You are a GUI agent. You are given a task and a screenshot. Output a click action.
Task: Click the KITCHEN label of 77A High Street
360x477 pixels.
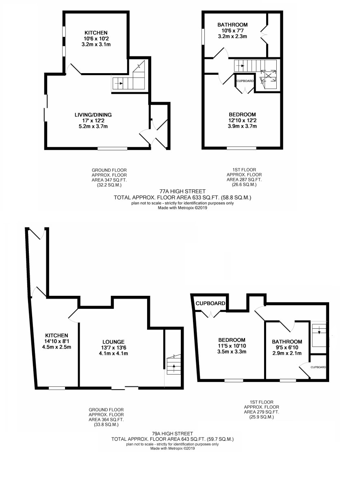click(96, 33)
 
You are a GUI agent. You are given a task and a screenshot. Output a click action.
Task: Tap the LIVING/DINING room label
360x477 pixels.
click(93, 115)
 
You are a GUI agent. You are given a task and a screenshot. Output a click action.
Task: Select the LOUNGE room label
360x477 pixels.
click(113, 342)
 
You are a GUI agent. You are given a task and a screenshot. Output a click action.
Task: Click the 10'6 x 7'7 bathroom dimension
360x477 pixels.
click(232, 30)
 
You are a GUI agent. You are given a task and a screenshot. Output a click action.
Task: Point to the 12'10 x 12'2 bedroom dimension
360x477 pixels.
click(242, 120)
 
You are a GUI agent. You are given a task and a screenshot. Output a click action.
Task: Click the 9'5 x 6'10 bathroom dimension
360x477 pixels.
click(287, 347)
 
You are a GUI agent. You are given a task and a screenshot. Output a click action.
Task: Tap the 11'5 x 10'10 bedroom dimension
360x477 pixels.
click(232, 346)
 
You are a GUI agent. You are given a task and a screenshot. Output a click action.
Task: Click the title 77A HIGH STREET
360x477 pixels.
click(182, 192)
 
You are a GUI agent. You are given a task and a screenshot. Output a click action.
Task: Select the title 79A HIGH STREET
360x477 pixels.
click(173, 434)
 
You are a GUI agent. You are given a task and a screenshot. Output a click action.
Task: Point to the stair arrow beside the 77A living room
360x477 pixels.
click(119, 83)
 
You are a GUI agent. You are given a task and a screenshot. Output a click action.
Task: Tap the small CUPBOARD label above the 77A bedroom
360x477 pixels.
click(245, 81)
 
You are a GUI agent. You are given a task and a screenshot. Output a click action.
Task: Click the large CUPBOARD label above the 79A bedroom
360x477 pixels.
click(210, 304)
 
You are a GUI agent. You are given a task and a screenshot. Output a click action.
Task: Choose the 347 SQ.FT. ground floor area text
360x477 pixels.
click(109, 180)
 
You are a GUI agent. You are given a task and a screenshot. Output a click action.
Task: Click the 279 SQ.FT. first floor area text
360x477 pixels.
click(261, 412)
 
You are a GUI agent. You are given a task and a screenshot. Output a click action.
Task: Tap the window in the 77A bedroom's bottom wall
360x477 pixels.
click(242, 148)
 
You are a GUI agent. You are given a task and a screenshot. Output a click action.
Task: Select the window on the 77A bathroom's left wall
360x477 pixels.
click(203, 37)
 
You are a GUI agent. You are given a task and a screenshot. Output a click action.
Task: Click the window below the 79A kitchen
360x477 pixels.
click(57, 388)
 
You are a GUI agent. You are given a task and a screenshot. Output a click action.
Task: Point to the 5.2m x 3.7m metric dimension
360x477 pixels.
click(93, 126)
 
